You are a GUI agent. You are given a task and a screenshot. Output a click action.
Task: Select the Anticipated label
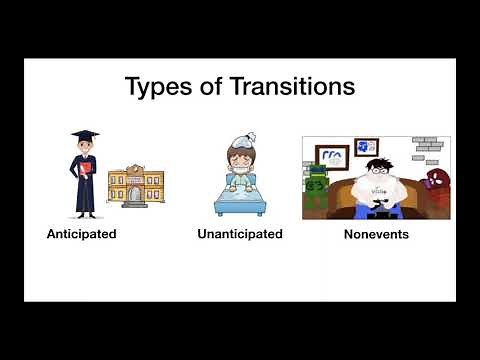click(82, 234)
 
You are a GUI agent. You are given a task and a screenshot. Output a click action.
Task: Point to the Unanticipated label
click(240, 234)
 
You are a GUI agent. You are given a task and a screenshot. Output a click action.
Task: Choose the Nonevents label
click(376, 235)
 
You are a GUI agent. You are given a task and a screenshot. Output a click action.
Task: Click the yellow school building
click(135, 184)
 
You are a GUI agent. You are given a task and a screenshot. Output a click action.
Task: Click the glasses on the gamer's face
click(375, 172)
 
